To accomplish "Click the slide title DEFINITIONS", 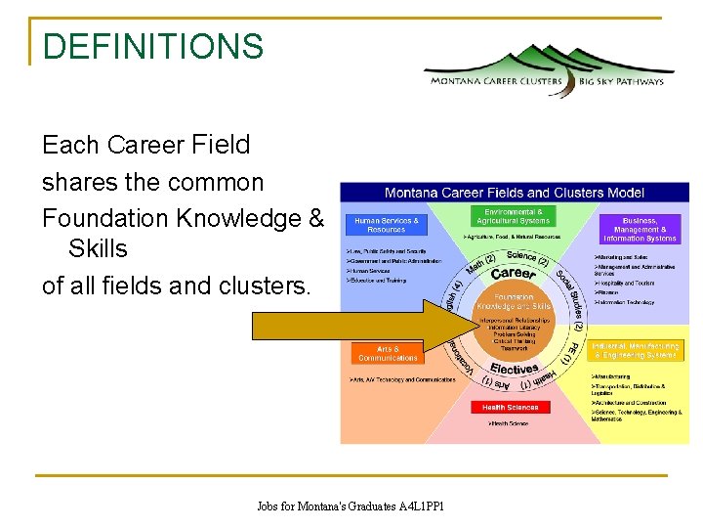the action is [153, 46].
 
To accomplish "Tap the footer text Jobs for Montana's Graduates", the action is [351, 506].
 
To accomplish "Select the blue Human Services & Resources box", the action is [387, 225].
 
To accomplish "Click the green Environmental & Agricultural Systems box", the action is [514, 216].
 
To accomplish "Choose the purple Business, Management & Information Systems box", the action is [640, 229].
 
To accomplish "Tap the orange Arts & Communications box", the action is [388, 353].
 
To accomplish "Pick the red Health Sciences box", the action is [510, 407].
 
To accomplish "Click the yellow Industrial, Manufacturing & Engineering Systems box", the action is [635, 351].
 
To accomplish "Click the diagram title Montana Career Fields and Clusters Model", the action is [515, 192].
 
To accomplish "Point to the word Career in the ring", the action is [513, 274].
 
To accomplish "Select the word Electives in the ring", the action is [515, 370].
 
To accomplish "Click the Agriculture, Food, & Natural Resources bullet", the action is [512, 237].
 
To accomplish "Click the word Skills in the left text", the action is [98, 248].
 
